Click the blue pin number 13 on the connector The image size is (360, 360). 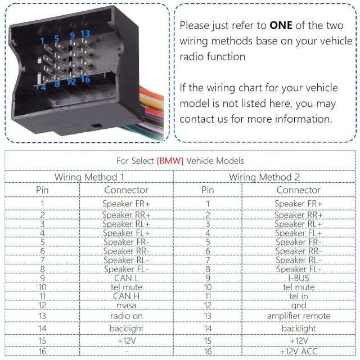(85, 34)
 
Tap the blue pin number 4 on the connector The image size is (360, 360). (43, 87)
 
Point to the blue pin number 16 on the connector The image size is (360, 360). (85, 80)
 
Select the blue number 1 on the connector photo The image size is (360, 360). (42, 41)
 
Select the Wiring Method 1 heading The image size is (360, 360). (89, 177)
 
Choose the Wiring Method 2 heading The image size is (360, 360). (264, 177)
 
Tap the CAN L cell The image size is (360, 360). (126, 277)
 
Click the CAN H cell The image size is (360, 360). (126, 296)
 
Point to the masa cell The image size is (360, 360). (126, 305)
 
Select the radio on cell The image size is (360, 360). (126, 316)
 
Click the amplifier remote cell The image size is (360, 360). (298, 316)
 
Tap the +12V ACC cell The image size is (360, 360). (298, 352)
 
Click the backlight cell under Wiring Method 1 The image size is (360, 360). (126, 328)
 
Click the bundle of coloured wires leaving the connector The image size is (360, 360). (152, 107)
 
